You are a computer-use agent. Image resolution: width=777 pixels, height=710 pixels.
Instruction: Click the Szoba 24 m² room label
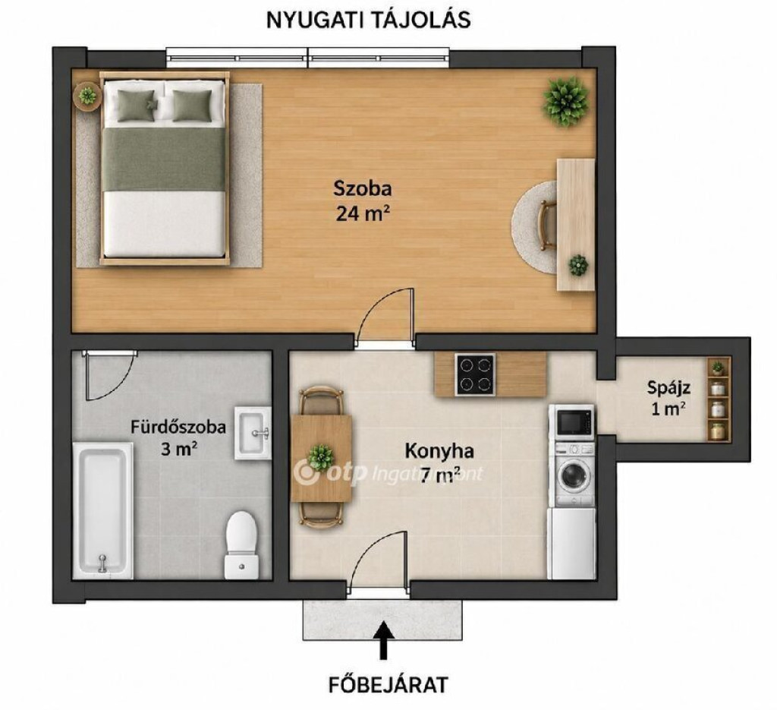[363, 200]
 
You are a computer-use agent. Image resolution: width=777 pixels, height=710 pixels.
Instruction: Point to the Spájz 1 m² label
[668, 398]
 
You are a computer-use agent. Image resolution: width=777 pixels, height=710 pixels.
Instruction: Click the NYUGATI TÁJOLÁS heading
[369, 21]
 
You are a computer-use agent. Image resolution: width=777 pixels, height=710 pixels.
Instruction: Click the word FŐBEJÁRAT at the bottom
[388, 685]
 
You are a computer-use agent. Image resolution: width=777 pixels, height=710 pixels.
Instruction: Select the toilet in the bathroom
[241, 545]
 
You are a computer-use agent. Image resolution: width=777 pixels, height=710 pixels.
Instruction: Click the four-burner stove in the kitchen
[475, 374]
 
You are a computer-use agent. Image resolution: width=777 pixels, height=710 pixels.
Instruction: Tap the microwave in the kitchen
[574, 422]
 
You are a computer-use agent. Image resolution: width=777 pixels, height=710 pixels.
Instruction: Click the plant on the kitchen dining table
[321, 456]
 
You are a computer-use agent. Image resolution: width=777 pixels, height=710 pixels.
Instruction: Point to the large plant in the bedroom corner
[566, 102]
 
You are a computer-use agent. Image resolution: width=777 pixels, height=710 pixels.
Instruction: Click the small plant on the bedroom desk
[578, 265]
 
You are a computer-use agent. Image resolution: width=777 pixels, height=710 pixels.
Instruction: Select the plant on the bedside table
[88, 95]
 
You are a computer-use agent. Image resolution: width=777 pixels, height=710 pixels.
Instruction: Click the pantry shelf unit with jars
[718, 399]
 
